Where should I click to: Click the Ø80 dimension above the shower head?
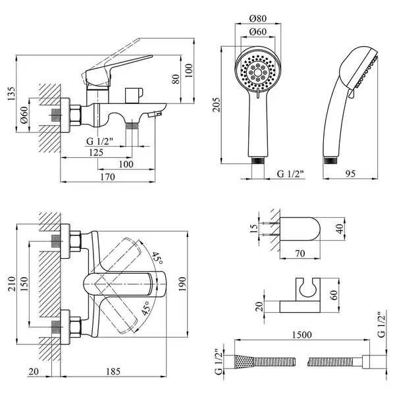[257, 18]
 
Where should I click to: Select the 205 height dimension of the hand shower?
[216, 105]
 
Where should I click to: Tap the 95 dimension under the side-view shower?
[350, 174]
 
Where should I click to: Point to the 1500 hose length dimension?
[302, 335]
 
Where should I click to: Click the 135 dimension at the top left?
[11, 93]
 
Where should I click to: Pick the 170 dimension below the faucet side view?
[107, 177]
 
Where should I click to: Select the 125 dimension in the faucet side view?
[96, 153]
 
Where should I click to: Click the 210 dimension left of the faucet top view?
[12, 284]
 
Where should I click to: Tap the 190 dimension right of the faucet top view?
[182, 284]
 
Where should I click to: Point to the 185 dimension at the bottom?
[113, 371]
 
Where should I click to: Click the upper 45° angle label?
[157, 257]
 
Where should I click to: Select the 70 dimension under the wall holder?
[300, 253]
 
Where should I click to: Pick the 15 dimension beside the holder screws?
[254, 228]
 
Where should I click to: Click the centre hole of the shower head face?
[257, 72]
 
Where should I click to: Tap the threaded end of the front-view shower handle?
[258, 161]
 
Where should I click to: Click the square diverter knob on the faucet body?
[134, 95]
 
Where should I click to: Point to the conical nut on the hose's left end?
[244, 362]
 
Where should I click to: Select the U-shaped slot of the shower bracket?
[308, 288]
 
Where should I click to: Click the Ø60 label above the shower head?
[257, 32]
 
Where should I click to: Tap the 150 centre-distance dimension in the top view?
[24, 284]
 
